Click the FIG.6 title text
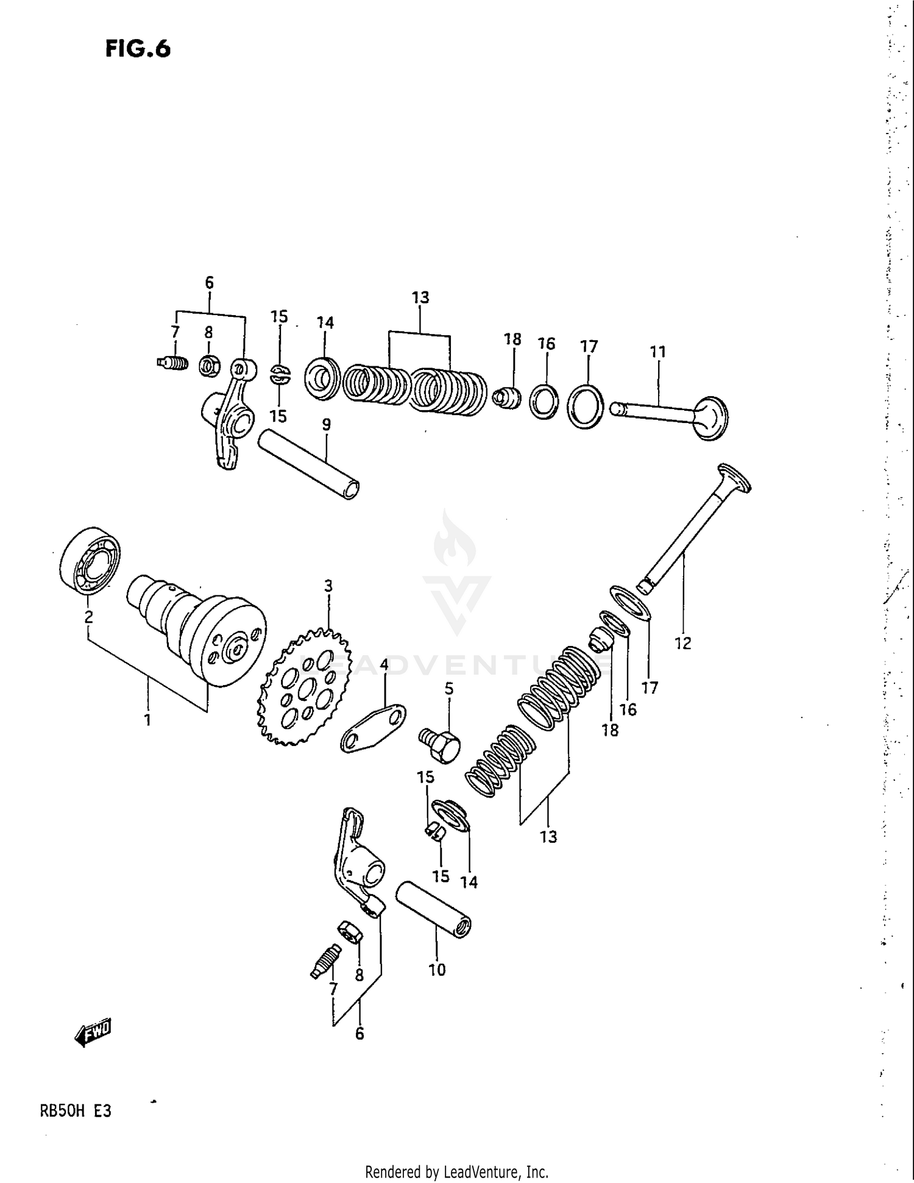coord(138,49)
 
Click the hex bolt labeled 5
coord(441,744)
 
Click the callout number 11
coord(657,352)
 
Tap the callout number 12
coord(682,643)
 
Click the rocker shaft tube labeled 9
coord(308,464)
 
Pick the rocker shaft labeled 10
coord(434,909)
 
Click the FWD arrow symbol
coord(93,1032)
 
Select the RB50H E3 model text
coord(76,1110)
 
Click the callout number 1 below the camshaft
coord(147,720)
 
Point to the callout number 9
coord(327,424)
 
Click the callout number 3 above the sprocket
coord(328,586)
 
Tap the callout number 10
coord(437,970)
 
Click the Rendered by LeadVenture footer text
coord(456,1171)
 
